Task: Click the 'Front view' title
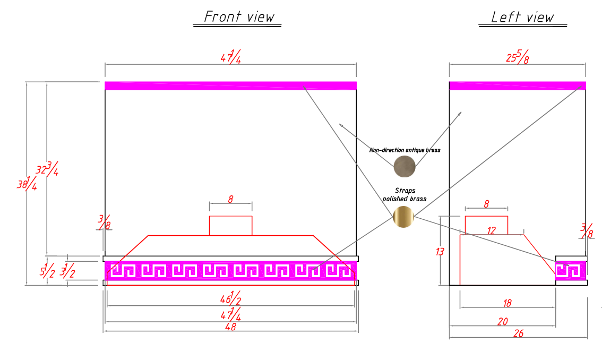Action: click(239, 16)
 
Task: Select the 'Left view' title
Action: click(522, 17)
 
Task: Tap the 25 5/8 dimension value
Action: click(518, 57)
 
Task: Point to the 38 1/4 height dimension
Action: click(27, 183)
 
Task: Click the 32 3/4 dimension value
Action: click(47, 169)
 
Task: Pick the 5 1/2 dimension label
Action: click(47, 270)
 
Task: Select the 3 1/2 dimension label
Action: click(67, 270)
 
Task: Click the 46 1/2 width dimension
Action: click(231, 298)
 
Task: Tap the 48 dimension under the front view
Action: click(231, 327)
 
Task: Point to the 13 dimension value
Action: click(440, 252)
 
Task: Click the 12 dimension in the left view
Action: click(492, 230)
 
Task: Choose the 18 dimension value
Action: click(507, 304)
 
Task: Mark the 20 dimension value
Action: click(503, 322)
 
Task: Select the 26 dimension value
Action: click(519, 333)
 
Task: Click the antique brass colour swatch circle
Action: click(405, 166)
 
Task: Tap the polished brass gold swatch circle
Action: click(403, 217)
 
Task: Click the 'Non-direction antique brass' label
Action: click(405, 150)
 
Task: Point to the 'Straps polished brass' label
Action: click(405, 194)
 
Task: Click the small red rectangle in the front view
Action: click(231, 226)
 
